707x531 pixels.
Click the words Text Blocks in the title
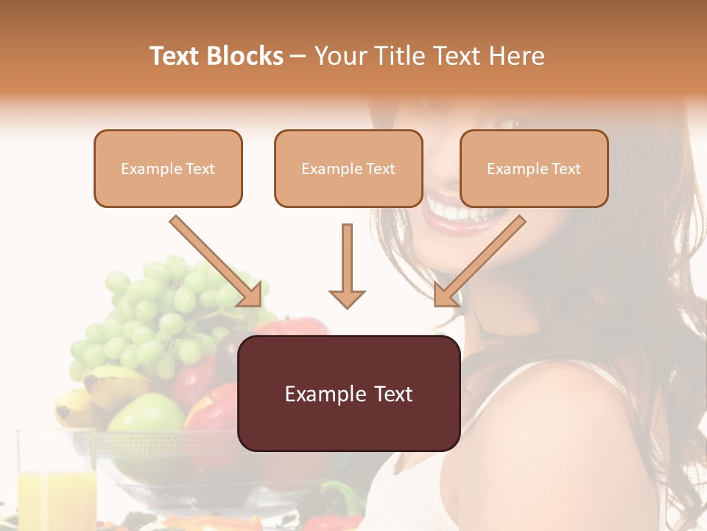click(x=217, y=56)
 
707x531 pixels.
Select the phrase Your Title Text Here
click(x=429, y=56)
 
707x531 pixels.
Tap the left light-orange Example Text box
click(x=168, y=168)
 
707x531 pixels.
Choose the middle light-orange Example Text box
click(x=348, y=168)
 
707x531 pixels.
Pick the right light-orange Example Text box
click(x=534, y=168)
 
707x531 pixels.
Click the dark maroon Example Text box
click(x=348, y=393)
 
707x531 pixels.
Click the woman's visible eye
click(x=511, y=122)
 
